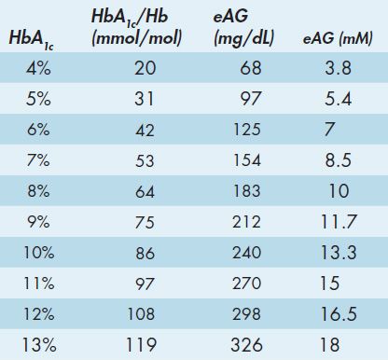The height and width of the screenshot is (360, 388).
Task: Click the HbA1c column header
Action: [x=31, y=40]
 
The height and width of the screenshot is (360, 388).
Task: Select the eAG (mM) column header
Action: [x=338, y=38]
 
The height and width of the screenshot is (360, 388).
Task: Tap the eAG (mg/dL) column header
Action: [x=244, y=28]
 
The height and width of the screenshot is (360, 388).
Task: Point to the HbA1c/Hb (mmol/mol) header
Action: [x=136, y=28]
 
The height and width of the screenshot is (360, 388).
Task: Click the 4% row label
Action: [x=38, y=68]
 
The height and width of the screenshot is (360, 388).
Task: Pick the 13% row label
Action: [x=39, y=345]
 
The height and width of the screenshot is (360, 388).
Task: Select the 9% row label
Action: [x=38, y=222]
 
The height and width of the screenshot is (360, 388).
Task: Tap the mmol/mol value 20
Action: [x=145, y=68]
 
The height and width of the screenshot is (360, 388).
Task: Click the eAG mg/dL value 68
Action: [x=251, y=68]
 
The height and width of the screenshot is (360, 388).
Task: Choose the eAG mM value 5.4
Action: [x=338, y=99]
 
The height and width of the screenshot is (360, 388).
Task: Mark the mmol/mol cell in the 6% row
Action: [x=145, y=130]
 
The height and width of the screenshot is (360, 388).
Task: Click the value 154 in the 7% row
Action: [x=246, y=160]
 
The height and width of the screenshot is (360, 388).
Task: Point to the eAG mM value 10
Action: [x=339, y=191]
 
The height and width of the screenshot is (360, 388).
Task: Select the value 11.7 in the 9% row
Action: [x=339, y=222]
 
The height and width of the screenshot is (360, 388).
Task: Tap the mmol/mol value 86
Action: [x=145, y=253]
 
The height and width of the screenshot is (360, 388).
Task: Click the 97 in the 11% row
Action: [x=145, y=284]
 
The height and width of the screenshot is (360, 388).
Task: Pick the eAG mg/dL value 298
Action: [x=246, y=314]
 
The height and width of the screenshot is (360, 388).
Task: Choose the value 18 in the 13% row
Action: [x=330, y=345]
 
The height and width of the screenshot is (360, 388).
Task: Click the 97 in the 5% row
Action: [x=251, y=99]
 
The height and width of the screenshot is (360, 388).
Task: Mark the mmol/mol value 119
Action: [x=141, y=345]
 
